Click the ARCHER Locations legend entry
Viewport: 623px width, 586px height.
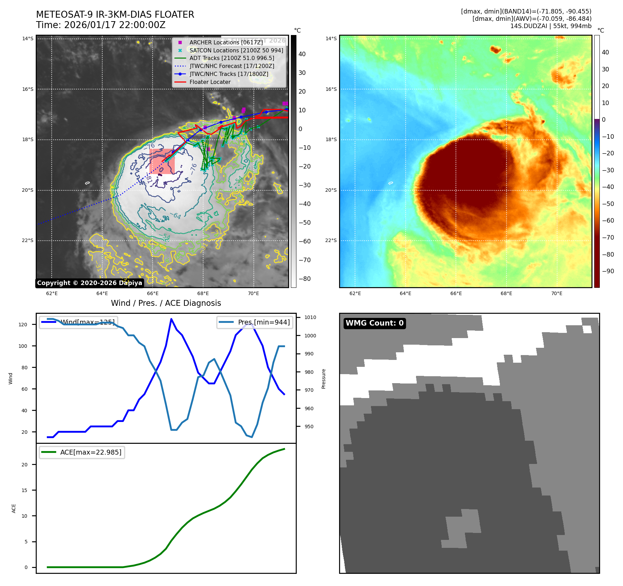(226, 42)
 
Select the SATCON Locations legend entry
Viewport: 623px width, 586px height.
(236, 50)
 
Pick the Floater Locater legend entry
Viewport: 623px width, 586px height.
(210, 82)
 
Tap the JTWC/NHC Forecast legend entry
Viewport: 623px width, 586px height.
(232, 66)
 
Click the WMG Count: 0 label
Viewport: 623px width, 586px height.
(374, 323)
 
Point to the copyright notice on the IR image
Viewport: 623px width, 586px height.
(89, 283)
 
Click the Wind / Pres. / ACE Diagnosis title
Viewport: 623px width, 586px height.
(166, 303)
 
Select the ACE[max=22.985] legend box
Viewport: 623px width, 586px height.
(82, 452)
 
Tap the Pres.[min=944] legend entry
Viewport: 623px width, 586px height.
(255, 322)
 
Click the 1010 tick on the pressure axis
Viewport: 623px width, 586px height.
(310, 317)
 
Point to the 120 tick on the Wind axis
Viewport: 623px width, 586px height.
(23, 325)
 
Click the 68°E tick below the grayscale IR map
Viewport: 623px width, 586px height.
(203, 294)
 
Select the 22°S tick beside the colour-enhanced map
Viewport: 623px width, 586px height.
(331, 241)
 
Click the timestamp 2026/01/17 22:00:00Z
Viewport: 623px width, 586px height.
(115, 25)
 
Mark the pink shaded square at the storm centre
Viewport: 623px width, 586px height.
(162, 161)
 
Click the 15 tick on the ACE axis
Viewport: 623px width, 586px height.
(24, 490)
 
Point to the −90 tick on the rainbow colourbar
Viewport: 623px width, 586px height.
(608, 271)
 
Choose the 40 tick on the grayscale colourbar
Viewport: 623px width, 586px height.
(302, 54)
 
